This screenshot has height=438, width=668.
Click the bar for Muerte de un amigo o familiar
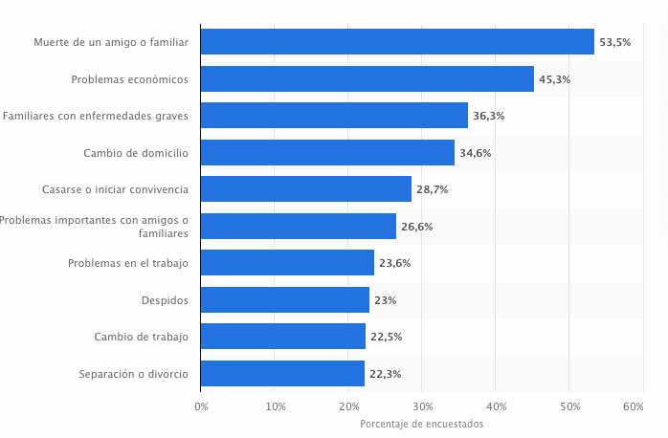click(x=397, y=42)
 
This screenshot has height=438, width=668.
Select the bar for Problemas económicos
click(x=367, y=79)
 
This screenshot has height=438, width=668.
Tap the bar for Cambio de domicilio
click(x=327, y=153)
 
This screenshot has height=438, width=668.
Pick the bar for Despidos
click(x=285, y=300)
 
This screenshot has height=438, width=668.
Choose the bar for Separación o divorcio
click(x=282, y=373)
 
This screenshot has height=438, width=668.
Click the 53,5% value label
click(x=614, y=43)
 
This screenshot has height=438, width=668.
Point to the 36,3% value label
click(x=488, y=116)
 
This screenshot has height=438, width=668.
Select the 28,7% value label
click(x=432, y=189)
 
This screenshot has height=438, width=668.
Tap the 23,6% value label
click(x=394, y=263)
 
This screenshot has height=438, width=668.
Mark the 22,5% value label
click(x=386, y=337)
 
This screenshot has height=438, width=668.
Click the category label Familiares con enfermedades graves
click(x=95, y=116)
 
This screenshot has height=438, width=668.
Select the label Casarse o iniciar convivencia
click(x=115, y=189)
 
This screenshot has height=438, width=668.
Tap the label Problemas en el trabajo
click(x=128, y=263)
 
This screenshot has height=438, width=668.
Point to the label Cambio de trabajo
click(x=141, y=337)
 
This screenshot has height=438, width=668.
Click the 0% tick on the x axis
click(x=201, y=406)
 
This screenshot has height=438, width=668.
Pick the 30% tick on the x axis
click(x=422, y=406)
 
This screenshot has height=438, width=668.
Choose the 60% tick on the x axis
click(x=633, y=406)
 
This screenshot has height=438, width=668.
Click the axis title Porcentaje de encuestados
click(x=421, y=424)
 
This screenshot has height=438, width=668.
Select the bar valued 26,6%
click(x=299, y=227)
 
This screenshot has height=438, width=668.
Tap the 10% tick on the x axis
click(x=275, y=406)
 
